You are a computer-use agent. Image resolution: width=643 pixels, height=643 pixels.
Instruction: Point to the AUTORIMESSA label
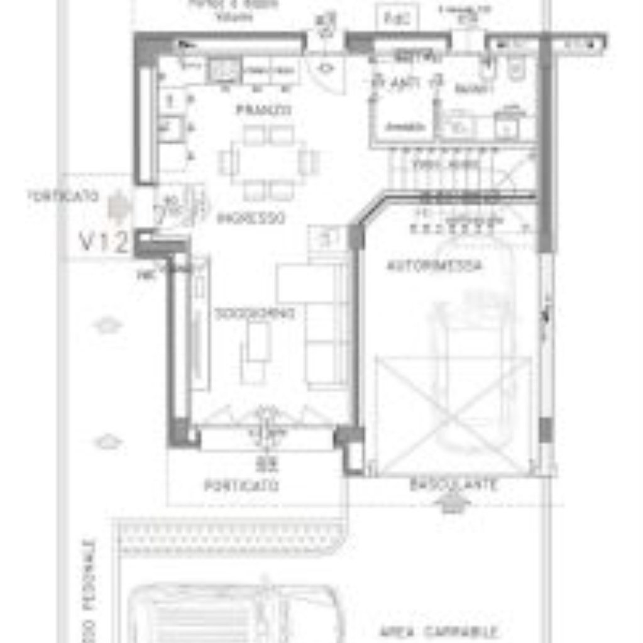(434, 266)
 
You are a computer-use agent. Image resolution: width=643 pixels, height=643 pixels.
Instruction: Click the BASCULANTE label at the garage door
(454, 486)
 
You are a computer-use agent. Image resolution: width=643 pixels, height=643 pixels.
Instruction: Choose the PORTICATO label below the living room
(241, 486)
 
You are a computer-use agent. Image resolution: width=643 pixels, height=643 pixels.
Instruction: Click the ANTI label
(405, 83)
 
